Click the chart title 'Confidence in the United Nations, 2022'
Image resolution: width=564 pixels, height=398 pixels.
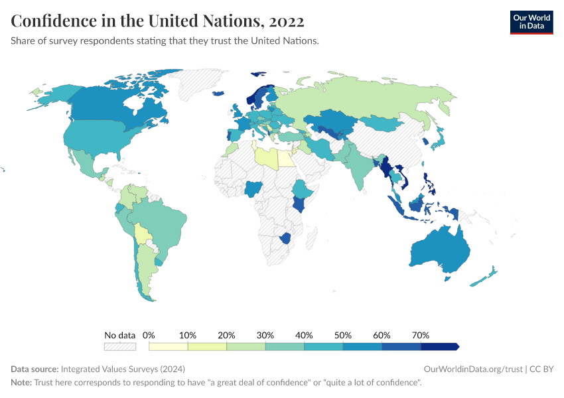click(x=157, y=21)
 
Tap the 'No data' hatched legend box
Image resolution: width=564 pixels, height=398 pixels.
click(x=119, y=346)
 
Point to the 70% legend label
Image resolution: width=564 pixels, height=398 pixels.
click(x=421, y=335)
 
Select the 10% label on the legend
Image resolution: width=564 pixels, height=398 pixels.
click(x=188, y=335)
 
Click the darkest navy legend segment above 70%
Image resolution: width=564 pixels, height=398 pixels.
click(x=439, y=346)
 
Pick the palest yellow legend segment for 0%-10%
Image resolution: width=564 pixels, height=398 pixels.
click(x=169, y=346)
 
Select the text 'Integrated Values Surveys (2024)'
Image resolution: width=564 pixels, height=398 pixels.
click(x=122, y=369)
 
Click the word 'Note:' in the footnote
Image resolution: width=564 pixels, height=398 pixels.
click(x=21, y=383)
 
